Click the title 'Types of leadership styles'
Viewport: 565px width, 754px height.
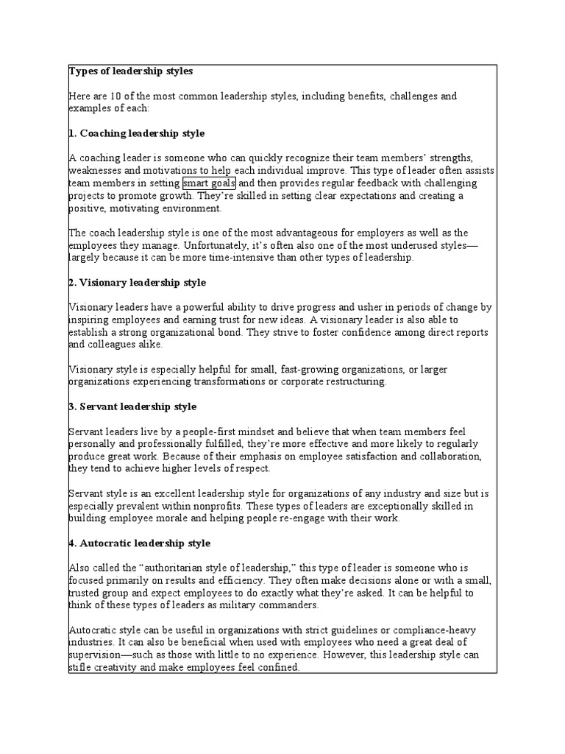(131, 71)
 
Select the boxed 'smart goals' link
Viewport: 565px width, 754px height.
(210, 183)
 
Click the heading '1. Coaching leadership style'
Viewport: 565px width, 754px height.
(137, 133)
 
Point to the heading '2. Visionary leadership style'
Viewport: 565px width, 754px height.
(138, 283)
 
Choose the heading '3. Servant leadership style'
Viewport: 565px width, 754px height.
(132, 406)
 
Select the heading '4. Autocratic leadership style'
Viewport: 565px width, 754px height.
(140, 543)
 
